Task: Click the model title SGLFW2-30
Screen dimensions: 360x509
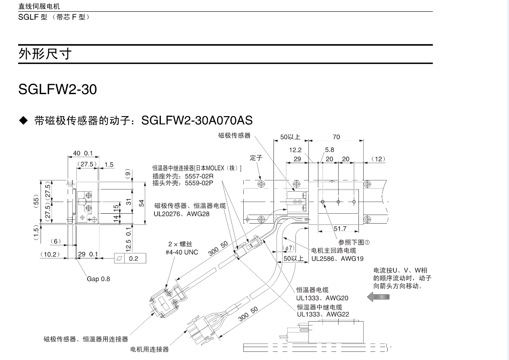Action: [57, 89]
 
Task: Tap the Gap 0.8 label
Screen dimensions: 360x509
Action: [98, 278]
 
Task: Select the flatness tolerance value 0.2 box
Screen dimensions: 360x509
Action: [133, 259]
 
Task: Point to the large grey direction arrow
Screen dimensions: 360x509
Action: [377, 297]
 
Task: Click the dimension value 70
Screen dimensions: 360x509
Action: [336, 137]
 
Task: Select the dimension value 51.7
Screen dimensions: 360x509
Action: [340, 229]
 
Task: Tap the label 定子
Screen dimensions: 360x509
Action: [256, 158]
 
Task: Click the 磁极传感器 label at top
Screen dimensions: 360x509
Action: [234, 136]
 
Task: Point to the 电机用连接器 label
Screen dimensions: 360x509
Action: [150, 349]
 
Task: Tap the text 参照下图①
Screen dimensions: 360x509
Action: [354, 242]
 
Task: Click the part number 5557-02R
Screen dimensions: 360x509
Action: [199, 176]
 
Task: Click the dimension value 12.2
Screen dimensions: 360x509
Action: [295, 150]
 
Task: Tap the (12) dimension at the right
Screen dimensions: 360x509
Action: [378, 159]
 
